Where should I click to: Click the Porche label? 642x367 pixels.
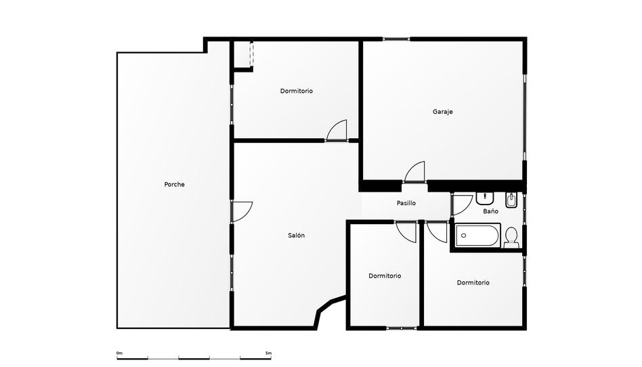(174, 184)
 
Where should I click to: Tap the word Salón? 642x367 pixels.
(296, 236)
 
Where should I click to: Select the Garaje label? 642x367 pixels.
(443, 112)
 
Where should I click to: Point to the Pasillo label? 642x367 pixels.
(406, 203)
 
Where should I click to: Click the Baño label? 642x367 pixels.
(491, 211)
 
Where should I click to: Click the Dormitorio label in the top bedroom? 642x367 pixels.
(297, 91)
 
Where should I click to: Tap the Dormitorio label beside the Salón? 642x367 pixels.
(385, 276)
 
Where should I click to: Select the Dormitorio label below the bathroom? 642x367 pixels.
(473, 282)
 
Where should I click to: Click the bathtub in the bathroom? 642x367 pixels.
(477, 236)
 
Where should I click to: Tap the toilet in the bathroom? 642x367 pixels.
(511, 236)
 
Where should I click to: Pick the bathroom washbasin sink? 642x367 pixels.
(485, 198)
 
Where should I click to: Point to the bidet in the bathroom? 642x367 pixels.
(511, 200)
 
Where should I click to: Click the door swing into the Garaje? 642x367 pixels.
(415, 173)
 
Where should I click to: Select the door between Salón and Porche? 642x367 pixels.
(241, 211)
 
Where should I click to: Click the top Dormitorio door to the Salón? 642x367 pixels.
(337, 131)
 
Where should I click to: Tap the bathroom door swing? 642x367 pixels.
(462, 204)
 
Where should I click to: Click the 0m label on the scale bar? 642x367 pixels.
(119, 353)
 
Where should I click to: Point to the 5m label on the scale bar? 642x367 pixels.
(268, 353)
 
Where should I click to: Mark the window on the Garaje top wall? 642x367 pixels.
(395, 39)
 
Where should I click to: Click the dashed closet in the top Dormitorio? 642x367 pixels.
(251, 54)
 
